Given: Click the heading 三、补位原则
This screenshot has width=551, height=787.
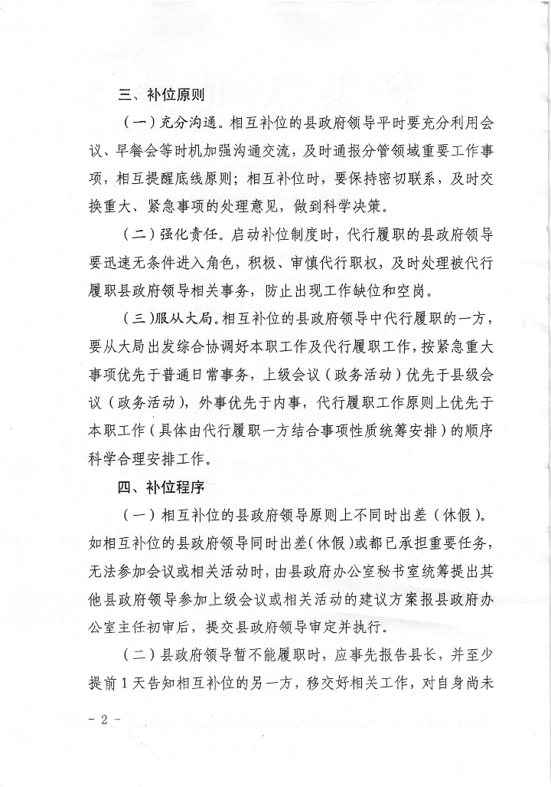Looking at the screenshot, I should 160,95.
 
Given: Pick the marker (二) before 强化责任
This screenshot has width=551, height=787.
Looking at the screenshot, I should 140,234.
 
